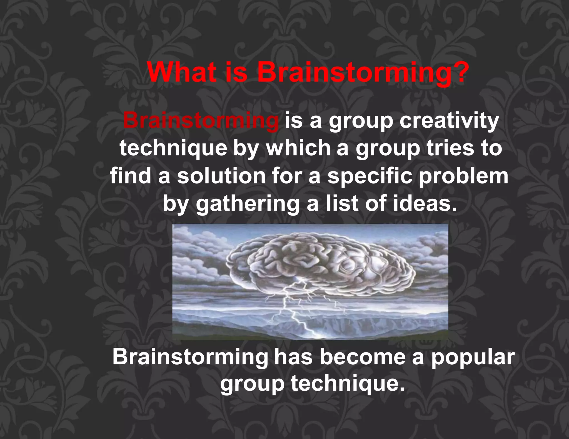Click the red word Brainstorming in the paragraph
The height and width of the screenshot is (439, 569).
click(201, 121)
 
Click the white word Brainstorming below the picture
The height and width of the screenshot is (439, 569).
click(190, 357)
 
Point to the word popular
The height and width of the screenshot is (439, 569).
click(473, 357)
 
